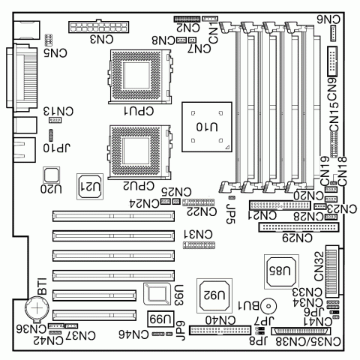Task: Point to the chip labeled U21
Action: pyautogui.click(x=89, y=185)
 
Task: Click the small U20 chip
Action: pyautogui.click(x=51, y=175)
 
